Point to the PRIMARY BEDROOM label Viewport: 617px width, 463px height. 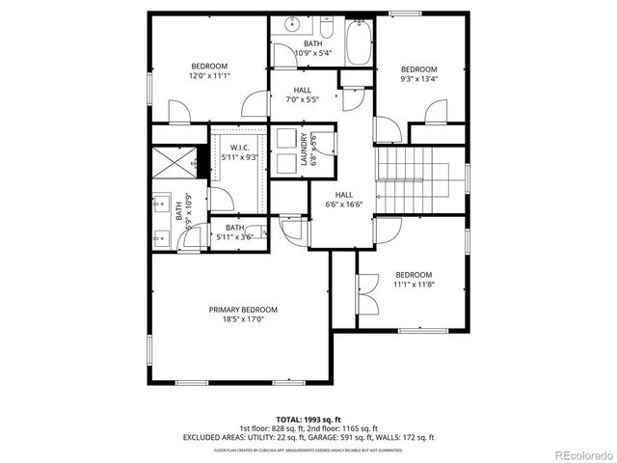[x=243, y=310]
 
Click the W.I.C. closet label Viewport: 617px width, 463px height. [x=240, y=148]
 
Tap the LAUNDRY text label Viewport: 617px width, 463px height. [x=303, y=150]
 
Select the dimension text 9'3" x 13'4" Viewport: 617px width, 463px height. [x=419, y=79]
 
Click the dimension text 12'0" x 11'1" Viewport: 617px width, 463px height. [x=208, y=75]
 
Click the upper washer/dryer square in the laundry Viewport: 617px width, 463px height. [x=285, y=137]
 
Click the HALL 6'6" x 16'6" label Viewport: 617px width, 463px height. [x=343, y=199]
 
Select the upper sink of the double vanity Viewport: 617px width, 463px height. [x=160, y=204]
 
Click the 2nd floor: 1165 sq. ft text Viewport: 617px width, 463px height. [x=341, y=428]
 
